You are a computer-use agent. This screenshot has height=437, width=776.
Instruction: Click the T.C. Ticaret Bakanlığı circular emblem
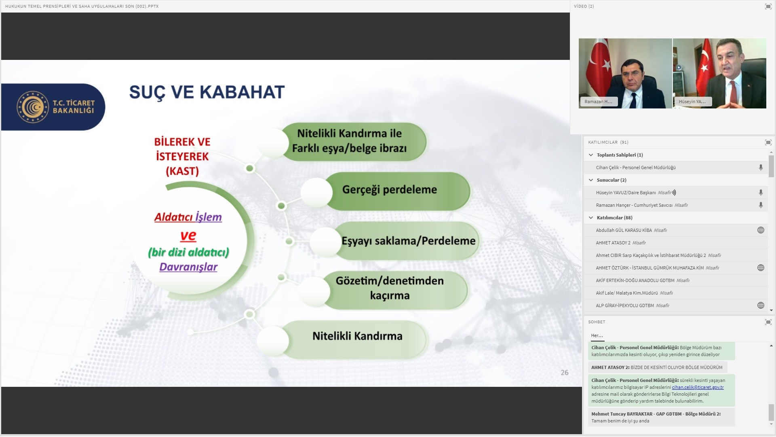[x=33, y=107]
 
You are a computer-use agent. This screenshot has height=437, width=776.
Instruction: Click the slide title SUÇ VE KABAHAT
[x=207, y=92]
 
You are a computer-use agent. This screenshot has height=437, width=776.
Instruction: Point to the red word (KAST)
[x=182, y=171]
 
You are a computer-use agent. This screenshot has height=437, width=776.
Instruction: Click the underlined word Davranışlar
[x=188, y=267]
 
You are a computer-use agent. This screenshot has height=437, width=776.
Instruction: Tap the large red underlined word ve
[x=188, y=235]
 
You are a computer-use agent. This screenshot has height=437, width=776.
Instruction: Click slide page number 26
[x=565, y=373]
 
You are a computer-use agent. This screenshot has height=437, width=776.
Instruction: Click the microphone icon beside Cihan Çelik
[x=761, y=168]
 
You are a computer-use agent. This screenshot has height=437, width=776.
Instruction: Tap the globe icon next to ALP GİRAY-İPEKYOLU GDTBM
[x=761, y=305]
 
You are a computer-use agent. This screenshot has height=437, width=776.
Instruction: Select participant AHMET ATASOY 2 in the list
[x=613, y=243]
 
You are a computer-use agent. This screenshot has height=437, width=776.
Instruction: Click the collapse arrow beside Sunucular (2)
[x=591, y=180]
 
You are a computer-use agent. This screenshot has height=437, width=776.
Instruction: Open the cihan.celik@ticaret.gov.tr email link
[x=698, y=387]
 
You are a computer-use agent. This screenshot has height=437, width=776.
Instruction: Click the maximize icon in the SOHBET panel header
[x=768, y=322]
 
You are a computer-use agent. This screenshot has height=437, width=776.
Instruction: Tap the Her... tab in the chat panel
[x=597, y=335]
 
